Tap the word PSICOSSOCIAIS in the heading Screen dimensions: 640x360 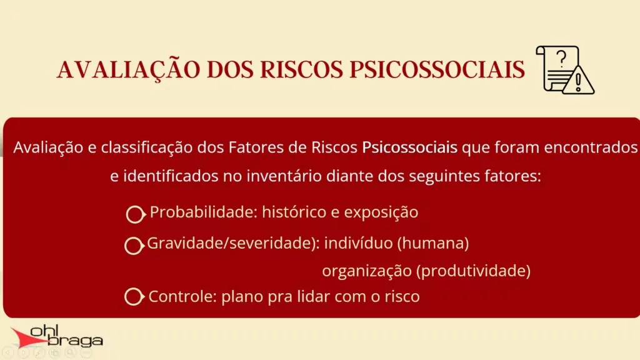coord(437,69)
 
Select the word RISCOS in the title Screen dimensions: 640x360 coord(302,69)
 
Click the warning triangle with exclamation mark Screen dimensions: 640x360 coord(578,79)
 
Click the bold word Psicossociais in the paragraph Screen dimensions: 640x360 coord(410,147)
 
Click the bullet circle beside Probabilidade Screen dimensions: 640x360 coord(136,214)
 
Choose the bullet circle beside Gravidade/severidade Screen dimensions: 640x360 coord(134,245)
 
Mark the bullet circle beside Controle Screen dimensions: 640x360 coord(134,297)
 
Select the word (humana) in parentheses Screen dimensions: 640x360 coord(433,243)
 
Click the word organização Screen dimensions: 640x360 coord(366,271)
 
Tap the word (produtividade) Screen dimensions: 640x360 coord(474,271)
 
